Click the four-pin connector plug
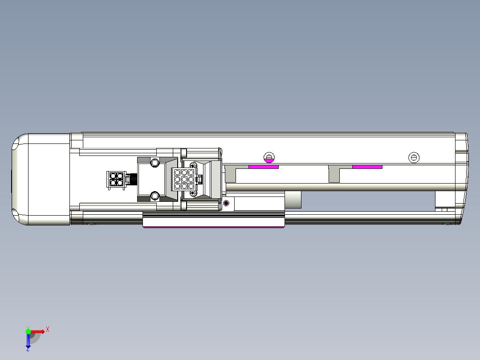click(x=116, y=180)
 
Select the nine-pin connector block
click(x=183, y=179)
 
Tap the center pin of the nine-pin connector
click(x=184, y=179)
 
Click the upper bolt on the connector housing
click(x=155, y=162)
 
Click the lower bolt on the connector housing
click(x=155, y=196)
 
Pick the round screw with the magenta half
click(x=269, y=157)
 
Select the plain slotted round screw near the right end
click(x=414, y=157)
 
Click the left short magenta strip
click(x=264, y=167)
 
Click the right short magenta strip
click(x=367, y=167)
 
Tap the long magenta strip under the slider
click(x=214, y=227)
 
